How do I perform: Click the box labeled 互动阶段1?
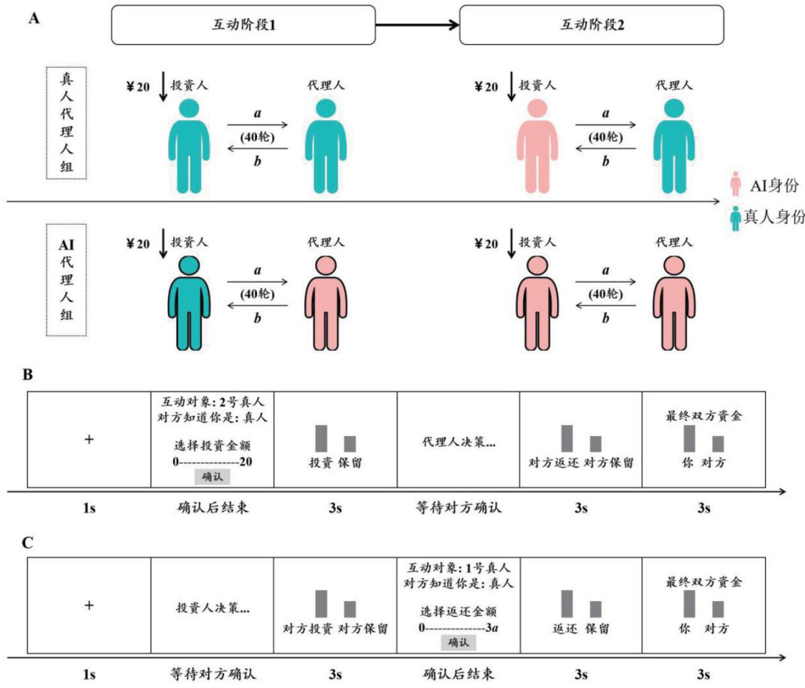click(243, 25)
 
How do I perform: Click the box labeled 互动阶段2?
click(591, 25)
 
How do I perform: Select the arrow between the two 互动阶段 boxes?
click(417, 25)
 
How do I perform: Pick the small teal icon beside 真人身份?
click(736, 218)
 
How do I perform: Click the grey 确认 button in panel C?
click(456, 642)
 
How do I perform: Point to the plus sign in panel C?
click(88, 606)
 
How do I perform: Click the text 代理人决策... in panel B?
click(458, 442)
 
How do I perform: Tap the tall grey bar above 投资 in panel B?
click(322, 438)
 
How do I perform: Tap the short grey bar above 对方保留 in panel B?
click(595, 444)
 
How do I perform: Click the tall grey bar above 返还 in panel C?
click(567, 603)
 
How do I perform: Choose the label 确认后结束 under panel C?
click(457, 674)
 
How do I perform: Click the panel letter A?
click(33, 19)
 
